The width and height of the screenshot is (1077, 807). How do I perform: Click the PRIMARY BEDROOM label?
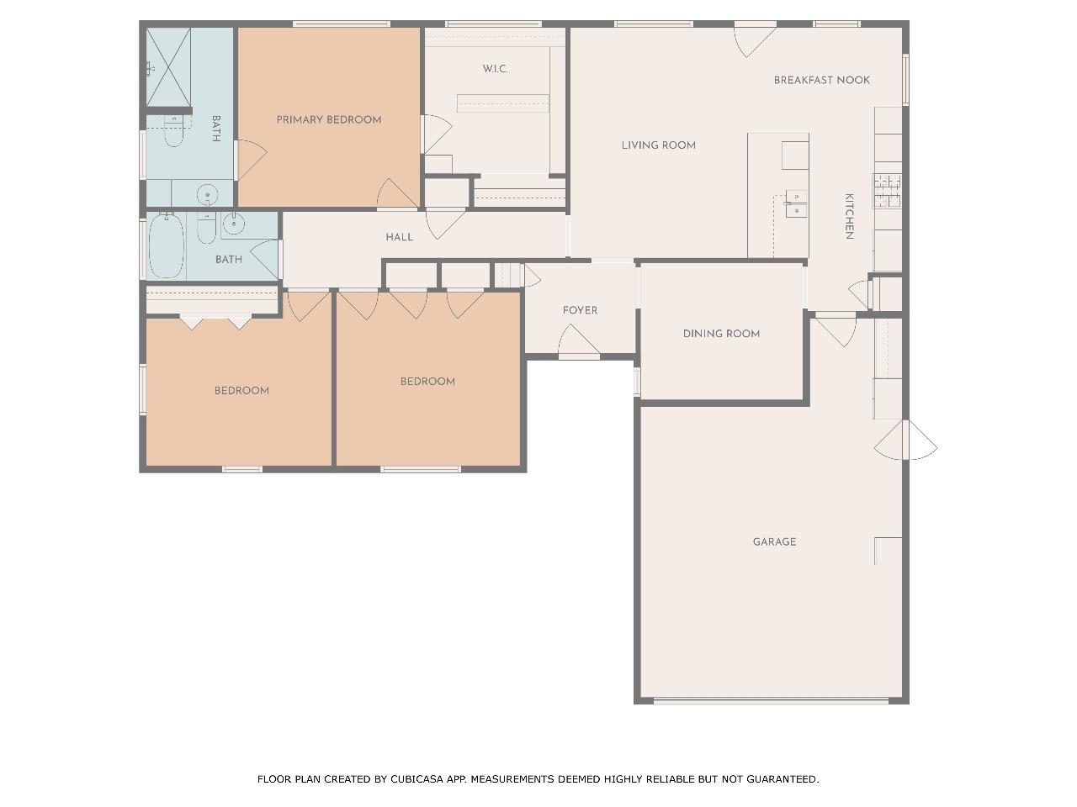(329, 119)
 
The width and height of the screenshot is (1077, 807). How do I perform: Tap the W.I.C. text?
(495, 69)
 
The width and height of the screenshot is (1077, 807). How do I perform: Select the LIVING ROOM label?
(659, 145)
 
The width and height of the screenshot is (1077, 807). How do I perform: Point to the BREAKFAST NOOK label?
(822, 80)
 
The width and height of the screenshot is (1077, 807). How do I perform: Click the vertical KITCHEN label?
(849, 216)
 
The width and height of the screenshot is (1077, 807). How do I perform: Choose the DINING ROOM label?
(721, 334)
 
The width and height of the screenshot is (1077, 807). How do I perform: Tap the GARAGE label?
(774, 541)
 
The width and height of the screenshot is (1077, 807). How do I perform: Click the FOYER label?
(580, 310)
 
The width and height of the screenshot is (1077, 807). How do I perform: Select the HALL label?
(400, 237)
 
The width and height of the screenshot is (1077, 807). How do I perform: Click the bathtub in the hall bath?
(167, 245)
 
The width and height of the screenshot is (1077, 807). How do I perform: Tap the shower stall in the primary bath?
(168, 66)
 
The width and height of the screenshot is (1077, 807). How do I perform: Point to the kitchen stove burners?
(887, 191)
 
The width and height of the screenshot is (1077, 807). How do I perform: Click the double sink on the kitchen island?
(796, 203)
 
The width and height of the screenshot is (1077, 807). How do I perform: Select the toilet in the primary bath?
(172, 130)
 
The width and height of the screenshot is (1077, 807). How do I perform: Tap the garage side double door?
(905, 440)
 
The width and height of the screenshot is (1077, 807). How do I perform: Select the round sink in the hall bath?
(234, 224)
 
